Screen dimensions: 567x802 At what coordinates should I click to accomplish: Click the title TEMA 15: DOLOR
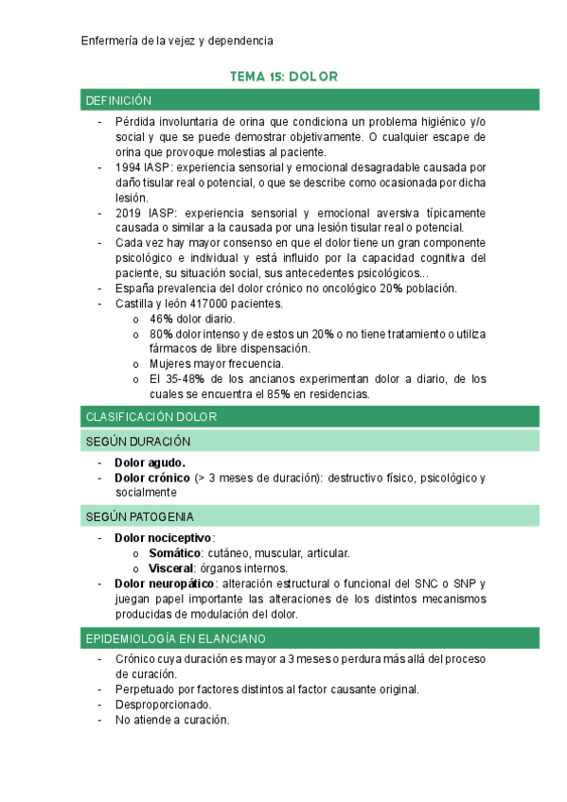[284, 76]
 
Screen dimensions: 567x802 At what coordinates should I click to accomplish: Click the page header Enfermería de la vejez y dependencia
[177, 41]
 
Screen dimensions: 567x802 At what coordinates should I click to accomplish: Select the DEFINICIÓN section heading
[118, 100]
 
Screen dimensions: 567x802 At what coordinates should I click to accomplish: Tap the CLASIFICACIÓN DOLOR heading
[151, 416]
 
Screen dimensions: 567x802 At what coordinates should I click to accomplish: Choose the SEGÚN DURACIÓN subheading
[138, 441]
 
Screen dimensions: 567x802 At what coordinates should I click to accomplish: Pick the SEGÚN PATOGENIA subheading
[140, 516]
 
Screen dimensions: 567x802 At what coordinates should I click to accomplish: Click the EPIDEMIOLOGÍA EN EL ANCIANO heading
[175, 638]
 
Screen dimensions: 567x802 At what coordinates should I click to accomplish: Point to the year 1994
[129, 166]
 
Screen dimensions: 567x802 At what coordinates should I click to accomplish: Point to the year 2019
[129, 213]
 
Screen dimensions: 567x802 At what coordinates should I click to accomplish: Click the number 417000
[209, 304]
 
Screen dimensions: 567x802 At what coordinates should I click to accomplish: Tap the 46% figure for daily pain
[161, 319]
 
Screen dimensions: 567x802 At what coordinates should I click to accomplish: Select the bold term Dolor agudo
[150, 462]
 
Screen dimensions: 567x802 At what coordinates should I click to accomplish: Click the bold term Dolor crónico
[152, 478]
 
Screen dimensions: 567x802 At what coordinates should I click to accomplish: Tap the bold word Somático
[175, 553]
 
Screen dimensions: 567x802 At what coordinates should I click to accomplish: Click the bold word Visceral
[171, 568]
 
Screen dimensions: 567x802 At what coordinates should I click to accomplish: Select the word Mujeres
[171, 364]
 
